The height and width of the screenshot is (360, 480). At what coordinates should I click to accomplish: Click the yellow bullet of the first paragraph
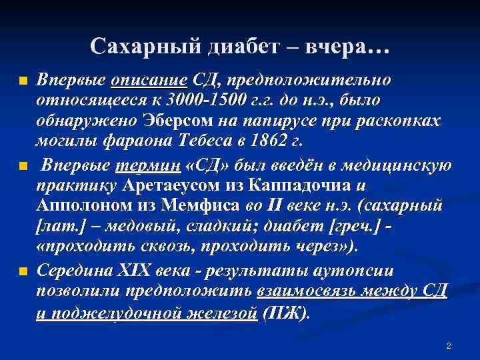[x=23, y=82]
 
